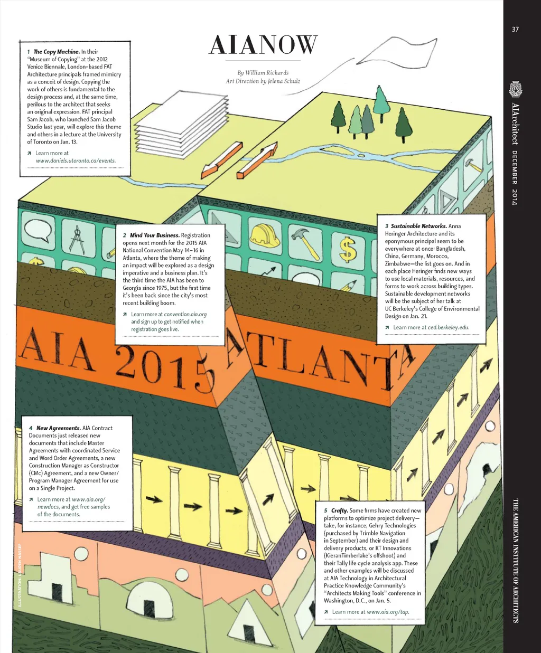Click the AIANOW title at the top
coord(263,45)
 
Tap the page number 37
coord(515,30)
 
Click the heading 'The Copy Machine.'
coord(57,52)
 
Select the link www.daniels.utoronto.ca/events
coord(76,160)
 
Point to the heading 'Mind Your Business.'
coord(155,235)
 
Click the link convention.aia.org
coord(185,314)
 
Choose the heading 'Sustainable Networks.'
coord(419,226)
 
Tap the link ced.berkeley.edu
coord(449,327)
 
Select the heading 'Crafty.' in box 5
coord(340,510)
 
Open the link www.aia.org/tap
coord(388,612)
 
